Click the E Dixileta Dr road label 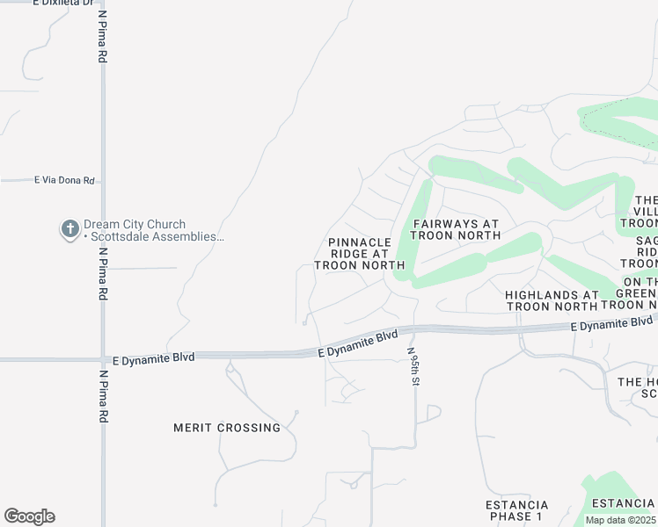(62, 4)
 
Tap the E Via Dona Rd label (64, 180)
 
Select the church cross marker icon (69, 230)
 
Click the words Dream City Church (135, 225)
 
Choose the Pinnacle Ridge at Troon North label (359, 253)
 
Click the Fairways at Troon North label (456, 229)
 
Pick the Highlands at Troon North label (552, 300)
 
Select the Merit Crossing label (227, 428)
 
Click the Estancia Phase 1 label (517, 510)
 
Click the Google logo (29, 516)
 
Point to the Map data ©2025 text (620, 520)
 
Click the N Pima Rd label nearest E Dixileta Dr (103, 37)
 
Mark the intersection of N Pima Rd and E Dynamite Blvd (103, 359)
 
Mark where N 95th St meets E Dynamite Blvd (413, 330)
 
